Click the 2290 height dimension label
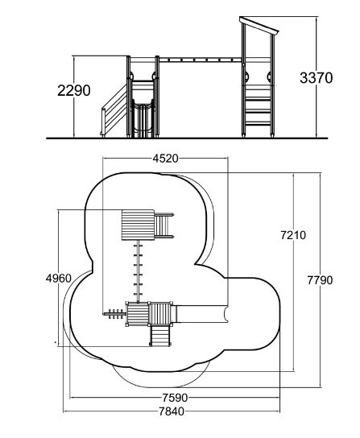click(74, 90)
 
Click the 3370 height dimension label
click(317, 77)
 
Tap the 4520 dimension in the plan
click(165, 159)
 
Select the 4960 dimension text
click(59, 279)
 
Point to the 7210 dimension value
click(293, 235)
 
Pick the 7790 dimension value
click(320, 280)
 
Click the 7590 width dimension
click(176, 397)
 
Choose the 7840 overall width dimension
click(172, 411)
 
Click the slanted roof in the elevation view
click(259, 26)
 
